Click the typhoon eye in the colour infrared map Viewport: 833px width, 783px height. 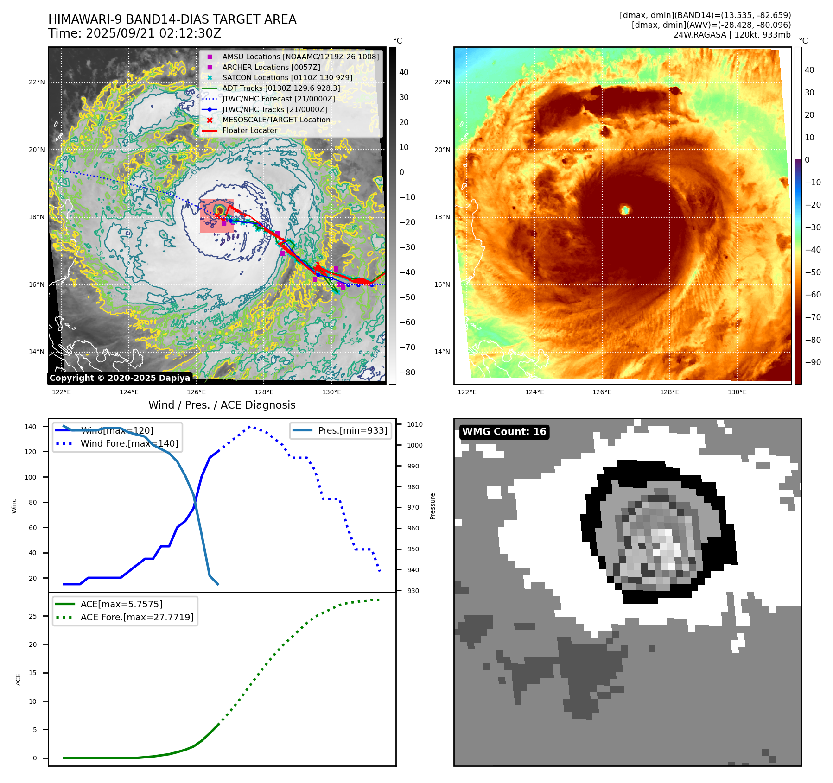tap(625, 210)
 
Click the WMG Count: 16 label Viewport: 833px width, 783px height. tap(504, 432)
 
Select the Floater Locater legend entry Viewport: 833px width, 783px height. tap(249, 131)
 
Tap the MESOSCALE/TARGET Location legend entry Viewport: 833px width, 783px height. tap(276, 120)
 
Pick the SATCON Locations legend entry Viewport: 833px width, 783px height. tap(287, 78)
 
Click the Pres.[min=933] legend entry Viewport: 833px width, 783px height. tap(352, 431)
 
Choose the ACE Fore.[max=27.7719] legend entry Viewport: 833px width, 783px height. tap(137, 617)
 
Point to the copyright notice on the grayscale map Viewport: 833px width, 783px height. tap(120, 378)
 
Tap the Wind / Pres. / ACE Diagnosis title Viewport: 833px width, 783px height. tap(222, 405)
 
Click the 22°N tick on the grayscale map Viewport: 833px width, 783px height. tap(37, 82)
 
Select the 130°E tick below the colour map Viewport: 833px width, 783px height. tap(737, 392)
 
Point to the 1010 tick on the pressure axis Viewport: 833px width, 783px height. tap(414, 424)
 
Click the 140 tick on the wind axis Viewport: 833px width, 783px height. tap(31, 427)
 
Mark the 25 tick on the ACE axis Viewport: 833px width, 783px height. tap(32, 616)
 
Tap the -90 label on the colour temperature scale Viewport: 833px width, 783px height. tap(813, 362)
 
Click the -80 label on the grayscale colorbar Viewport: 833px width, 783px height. tap(407, 373)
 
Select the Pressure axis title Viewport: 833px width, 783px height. tap(432, 506)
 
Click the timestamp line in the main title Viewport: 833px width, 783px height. tap(135, 33)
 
